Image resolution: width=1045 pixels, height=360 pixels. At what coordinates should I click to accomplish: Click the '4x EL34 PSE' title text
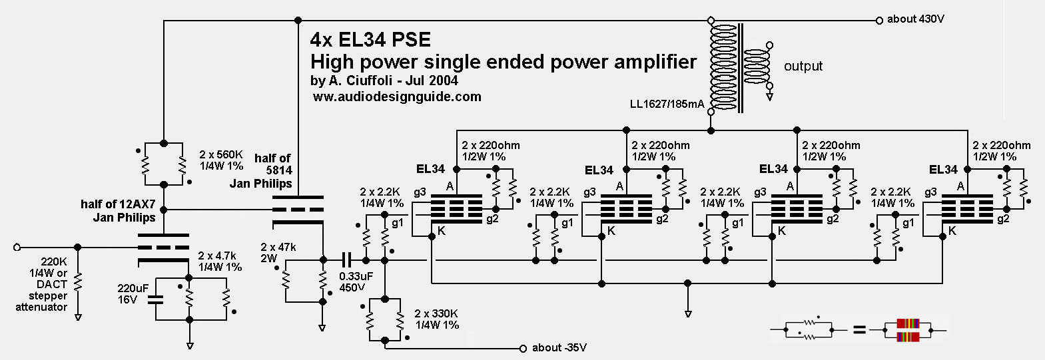pos(370,40)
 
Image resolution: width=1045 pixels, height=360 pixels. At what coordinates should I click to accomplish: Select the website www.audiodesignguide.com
pos(397,96)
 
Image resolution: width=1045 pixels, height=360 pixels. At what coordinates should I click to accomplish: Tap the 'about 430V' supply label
pos(915,19)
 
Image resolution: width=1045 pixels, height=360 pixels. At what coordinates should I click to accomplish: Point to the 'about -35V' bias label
pos(559,347)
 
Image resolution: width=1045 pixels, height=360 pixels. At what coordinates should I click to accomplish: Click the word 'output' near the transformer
pos(803,66)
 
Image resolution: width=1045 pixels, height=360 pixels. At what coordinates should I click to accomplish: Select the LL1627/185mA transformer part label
pos(667,104)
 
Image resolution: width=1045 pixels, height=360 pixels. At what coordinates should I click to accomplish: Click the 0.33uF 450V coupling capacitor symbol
pos(346,260)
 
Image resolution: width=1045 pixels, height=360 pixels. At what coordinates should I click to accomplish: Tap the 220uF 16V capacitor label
pos(133,293)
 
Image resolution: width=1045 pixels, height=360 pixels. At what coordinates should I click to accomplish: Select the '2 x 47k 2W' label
pos(278,252)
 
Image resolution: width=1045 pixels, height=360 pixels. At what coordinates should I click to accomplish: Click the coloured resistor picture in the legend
pos(907,329)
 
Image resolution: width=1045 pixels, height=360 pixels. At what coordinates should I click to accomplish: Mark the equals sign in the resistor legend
pos(859,329)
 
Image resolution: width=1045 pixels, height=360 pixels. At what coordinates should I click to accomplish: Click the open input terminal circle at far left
pos(17,248)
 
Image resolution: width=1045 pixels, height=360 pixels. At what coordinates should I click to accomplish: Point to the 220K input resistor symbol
pos(78,282)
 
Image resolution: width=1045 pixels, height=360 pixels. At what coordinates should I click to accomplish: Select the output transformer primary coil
pos(722,67)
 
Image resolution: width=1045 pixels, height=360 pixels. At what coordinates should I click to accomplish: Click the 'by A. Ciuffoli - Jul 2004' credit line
pos(384,81)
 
